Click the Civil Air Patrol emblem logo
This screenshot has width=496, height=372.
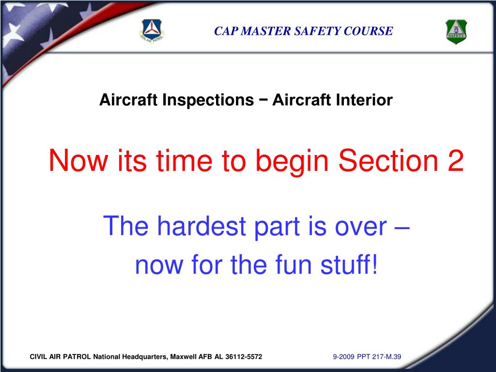pyautogui.click(x=152, y=31)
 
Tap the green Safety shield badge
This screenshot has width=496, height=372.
pyautogui.click(x=456, y=31)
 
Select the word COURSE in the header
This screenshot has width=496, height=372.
pyautogui.click(x=368, y=31)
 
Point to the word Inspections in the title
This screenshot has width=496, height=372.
pyautogui.click(x=208, y=100)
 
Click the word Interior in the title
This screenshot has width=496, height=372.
pyautogui.click(x=364, y=100)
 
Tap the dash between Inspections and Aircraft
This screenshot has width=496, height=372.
pyautogui.click(x=263, y=100)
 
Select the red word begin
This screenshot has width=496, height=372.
pyautogui.click(x=292, y=162)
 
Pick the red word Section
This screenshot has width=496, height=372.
pyautogui.click(x=388, y=160)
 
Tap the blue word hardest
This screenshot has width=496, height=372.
pyautogui.click(x=201, y=226)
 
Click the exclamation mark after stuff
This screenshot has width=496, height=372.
pyautogui.click(x=374, y=264)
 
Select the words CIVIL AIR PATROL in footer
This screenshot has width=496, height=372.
pyautogui.click(x=60, y=357)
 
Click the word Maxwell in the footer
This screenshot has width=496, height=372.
pyautogui.click(x=184, y=357)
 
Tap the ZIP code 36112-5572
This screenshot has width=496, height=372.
pyautogui.click(x=244, y=357)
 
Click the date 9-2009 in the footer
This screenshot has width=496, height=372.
pyautogui.click(x=343, y=357)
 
